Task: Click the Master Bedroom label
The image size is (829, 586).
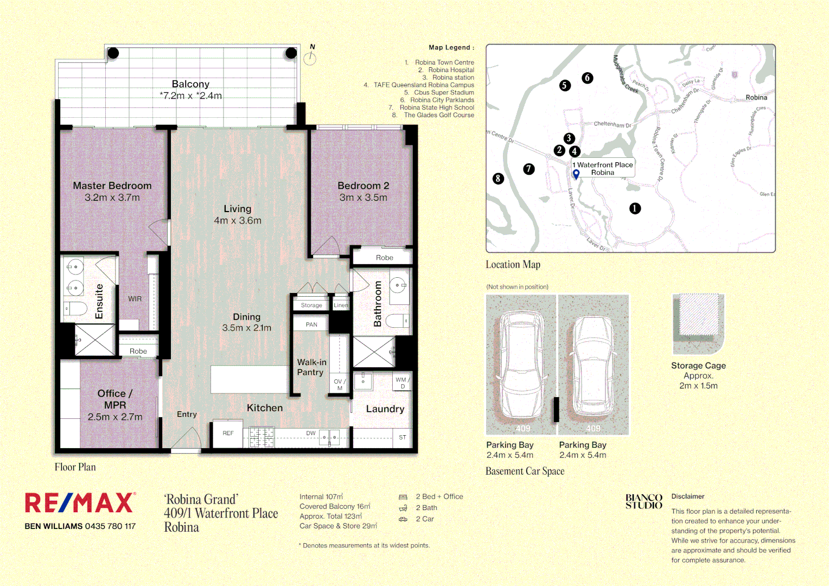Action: [112, 186]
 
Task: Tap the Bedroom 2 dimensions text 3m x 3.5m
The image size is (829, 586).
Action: [363, 198]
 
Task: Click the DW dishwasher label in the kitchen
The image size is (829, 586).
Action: [310, 433]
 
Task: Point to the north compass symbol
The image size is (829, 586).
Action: [310, 58]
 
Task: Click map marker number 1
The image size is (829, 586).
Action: [635, 208]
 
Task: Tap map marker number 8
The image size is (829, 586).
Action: [498, 179]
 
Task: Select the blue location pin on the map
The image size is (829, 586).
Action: [576, 174]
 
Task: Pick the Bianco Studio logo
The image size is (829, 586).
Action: [643, 501]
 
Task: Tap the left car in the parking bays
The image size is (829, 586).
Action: [521, 365]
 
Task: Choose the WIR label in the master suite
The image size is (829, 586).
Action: [135, 299]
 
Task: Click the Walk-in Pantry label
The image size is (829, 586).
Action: [311, 367]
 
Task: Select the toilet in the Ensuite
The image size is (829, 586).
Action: [75, 309]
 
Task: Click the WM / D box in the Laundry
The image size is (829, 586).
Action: [402, 383]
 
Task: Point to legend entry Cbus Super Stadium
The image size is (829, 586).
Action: [443, 92]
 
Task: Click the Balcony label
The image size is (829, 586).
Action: [190, 84]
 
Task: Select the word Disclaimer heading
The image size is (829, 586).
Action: [687, 496]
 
